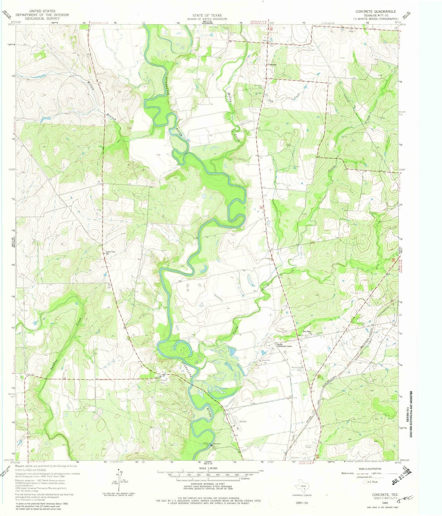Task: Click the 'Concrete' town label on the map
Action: click(272, 64)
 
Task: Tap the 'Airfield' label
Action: click(243, 421)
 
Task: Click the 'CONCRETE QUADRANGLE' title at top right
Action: click(376, 11)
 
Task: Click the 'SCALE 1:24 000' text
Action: click(208, 468)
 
